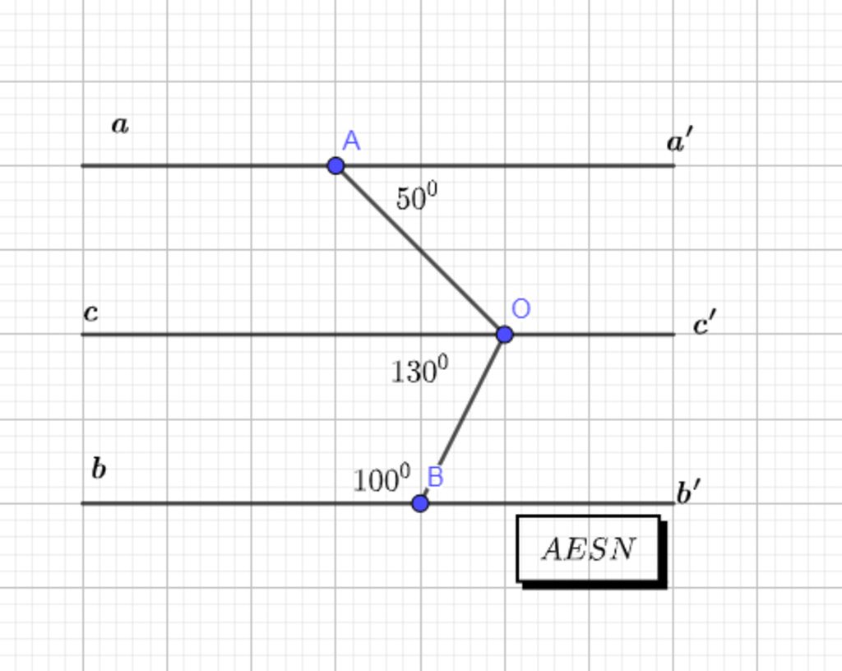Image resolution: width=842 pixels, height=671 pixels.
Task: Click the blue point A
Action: click(335, 165)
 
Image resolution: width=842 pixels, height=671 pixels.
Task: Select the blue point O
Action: click(504, 335)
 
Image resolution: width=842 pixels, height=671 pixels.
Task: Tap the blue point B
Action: click(420, 503)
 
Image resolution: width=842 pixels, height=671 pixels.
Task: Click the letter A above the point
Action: click(351, 141)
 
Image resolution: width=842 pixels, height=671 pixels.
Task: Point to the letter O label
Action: click(520, 308)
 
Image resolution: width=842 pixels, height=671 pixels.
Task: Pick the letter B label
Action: click(435, 477)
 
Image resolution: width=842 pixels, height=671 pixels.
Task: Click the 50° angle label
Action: click(417, 196)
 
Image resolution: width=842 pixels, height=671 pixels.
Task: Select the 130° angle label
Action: click(419, 370)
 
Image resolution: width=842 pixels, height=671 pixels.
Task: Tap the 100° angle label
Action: click(382, 479)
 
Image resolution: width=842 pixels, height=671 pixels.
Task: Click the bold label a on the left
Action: click(120, 125)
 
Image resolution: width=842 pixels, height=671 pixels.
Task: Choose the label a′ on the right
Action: click(680, 140)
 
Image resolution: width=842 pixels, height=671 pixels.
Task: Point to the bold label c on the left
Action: click(91, 312)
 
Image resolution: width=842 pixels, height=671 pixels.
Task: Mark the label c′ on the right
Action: click(705, 322)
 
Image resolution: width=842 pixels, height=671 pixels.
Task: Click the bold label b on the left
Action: click(99, 468)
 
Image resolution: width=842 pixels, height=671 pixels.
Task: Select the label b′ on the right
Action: click(688, 492)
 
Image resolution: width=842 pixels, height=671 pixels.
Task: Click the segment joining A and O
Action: click(420, 250)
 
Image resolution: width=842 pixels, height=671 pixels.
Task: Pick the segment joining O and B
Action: click(462, 419)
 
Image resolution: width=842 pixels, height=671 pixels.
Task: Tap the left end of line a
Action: click(82, 166)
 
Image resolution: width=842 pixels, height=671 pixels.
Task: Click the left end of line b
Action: click(82, 503)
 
